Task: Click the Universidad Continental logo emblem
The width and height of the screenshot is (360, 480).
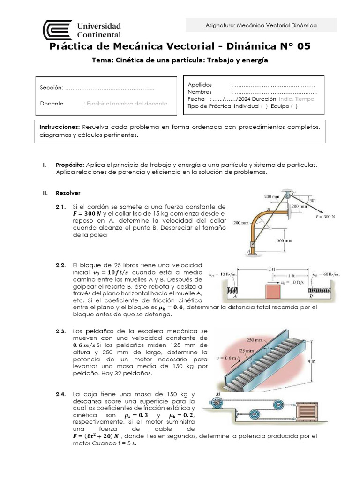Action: coord(57,30)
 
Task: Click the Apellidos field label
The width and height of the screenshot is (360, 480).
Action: coord(200,85)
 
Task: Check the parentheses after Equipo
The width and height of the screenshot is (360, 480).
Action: coord(293,106)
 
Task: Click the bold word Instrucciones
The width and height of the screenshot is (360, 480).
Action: coord(60,127)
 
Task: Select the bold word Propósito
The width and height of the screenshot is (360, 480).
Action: coord(69,165)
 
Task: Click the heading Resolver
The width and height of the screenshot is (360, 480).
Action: coord(68,193)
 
